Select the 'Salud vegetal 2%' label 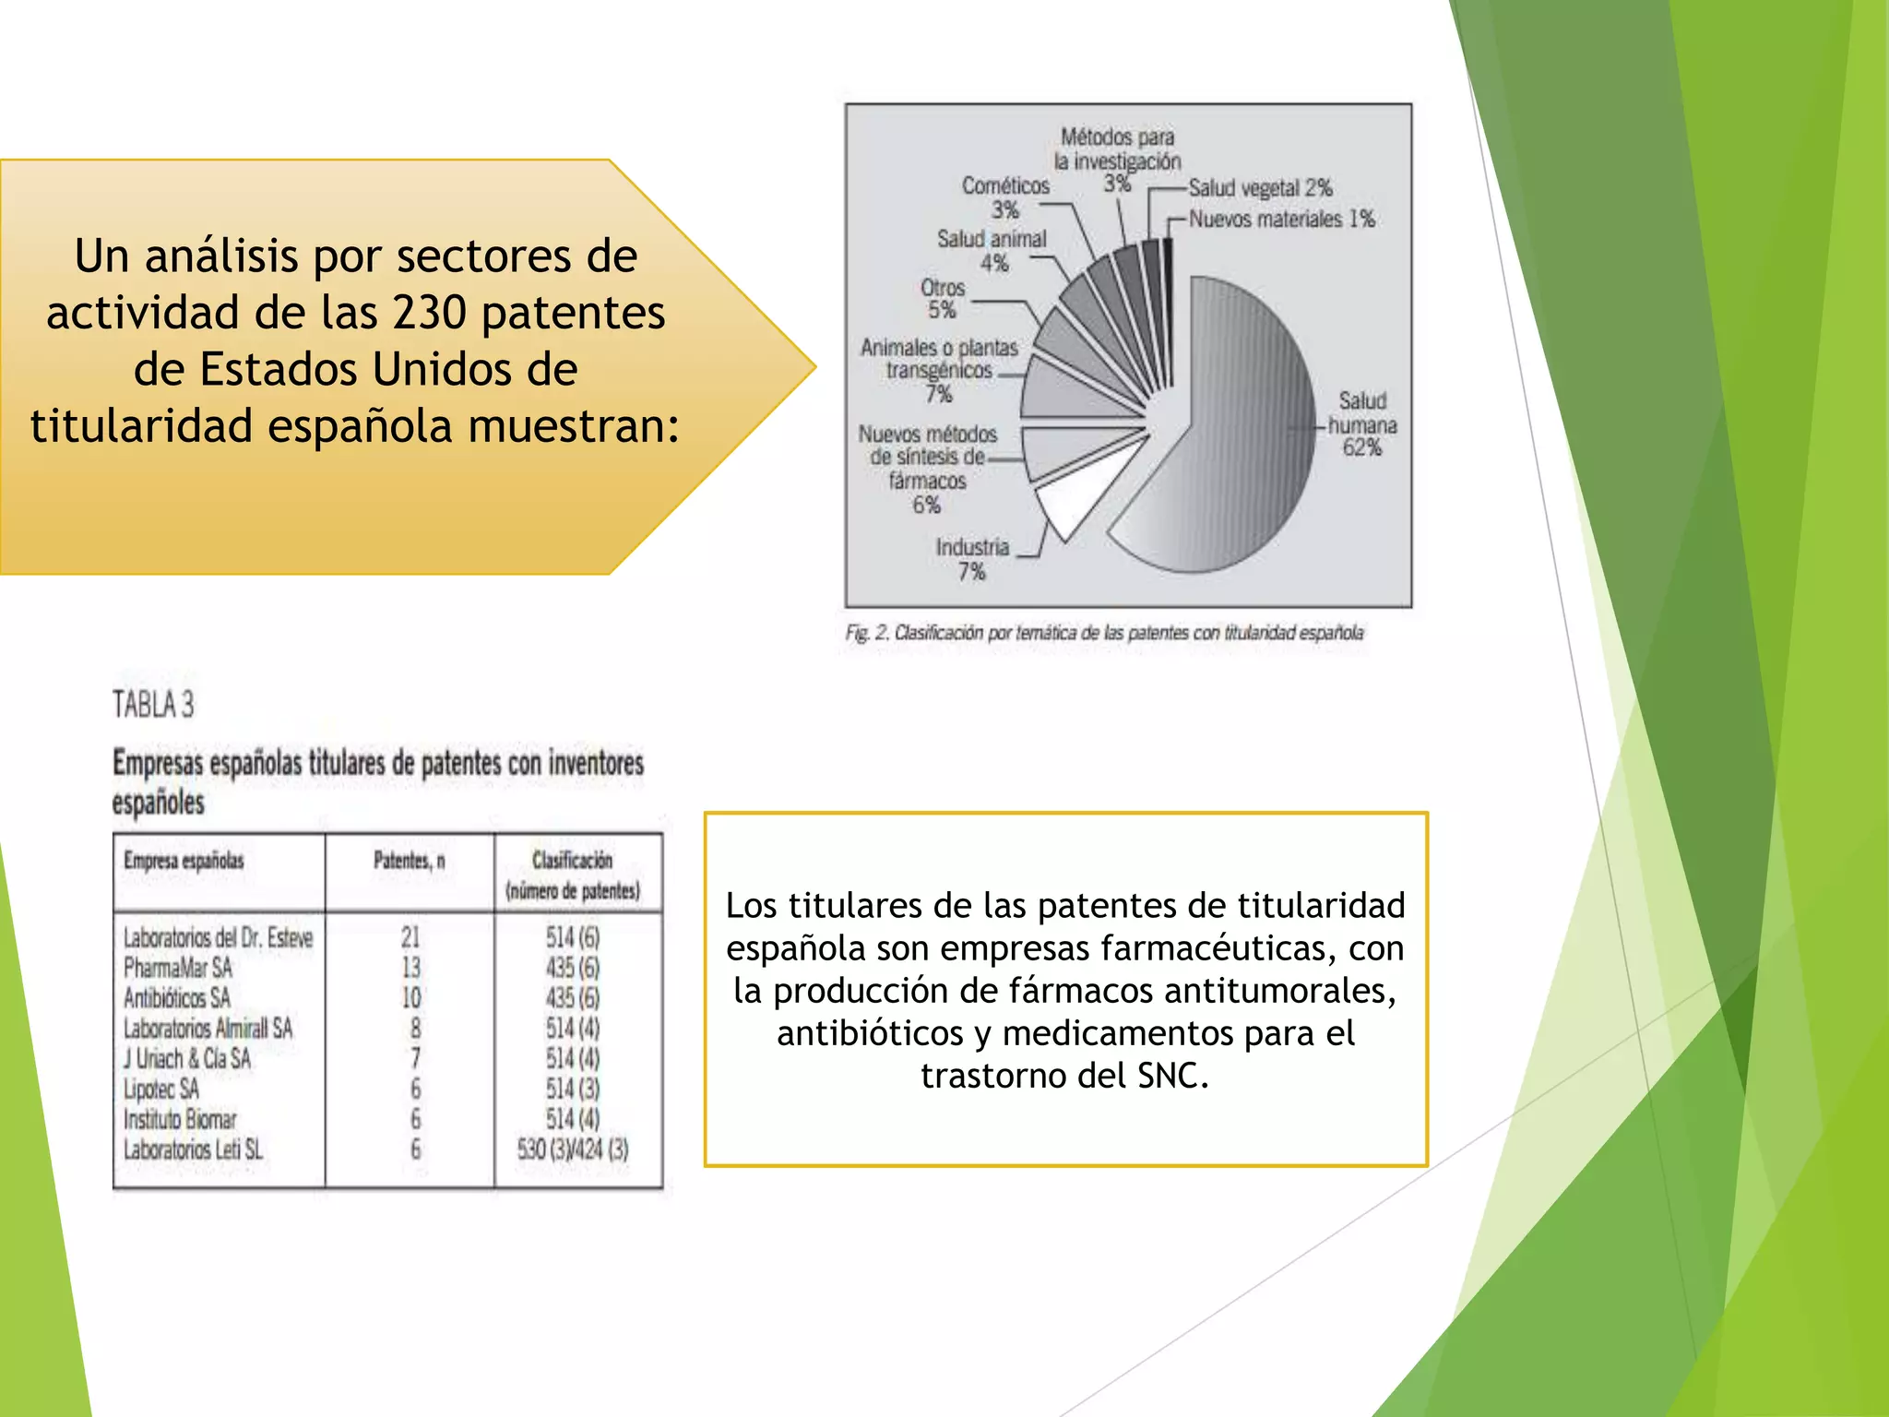point(1260,188)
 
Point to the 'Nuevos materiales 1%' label point(1281,220)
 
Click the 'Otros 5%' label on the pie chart point(942,299)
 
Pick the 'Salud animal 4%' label point(992,250)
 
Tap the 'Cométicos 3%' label point(1005,196)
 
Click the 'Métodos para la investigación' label point(1117,149)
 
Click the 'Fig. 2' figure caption point(1104,633)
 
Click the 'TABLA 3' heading point(153,705)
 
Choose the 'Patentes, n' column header point(409,861)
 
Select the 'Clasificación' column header point(572,861)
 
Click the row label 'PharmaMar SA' point(178,968)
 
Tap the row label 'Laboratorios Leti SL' point(193,1149)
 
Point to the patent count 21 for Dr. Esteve point(410,937)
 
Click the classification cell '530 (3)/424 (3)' point(573,1149)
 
